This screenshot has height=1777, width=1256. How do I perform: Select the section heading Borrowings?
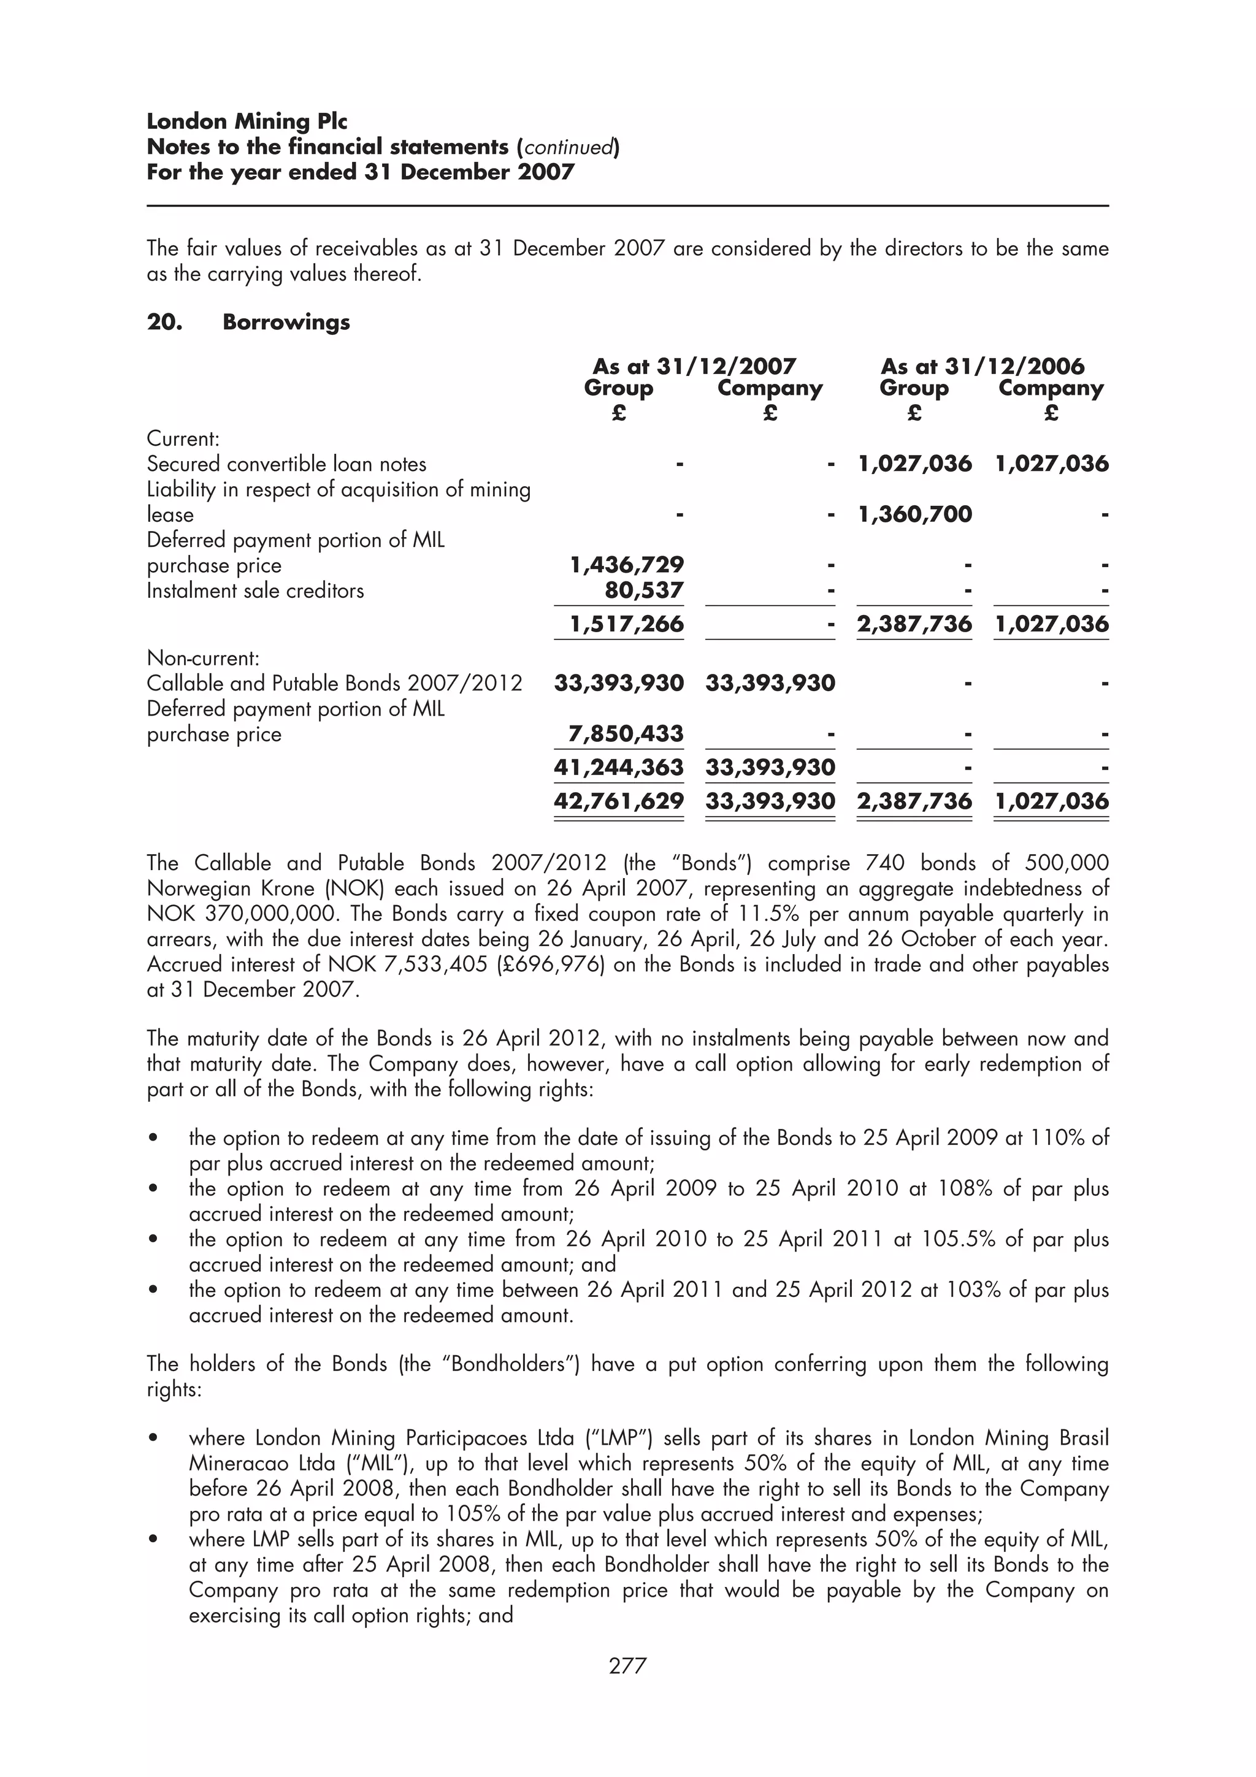(x=286, y=322)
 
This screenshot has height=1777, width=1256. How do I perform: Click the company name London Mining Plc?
(x=247, y=121)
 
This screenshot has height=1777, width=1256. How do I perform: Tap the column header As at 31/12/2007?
(x=694, y=366)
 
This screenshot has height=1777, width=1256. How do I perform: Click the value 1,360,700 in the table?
(x=915, y=514)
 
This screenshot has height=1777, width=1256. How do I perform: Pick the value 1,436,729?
(x=627, y=565)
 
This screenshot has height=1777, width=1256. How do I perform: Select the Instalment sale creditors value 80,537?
(x=645, y=590)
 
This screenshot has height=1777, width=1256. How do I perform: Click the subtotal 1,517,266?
(x=627, y=624)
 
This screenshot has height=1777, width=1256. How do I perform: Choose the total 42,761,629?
(x=619, y=800)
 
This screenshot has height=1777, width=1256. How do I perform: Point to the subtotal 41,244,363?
(x=619, y=767)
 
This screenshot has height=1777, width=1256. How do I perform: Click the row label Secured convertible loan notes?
(x=286, y=464)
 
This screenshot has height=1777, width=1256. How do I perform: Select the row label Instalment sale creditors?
(x=255, y=590)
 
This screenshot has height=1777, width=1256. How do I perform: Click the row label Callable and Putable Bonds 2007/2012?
(x=334, y=684)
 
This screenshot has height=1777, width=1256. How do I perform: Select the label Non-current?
(x=203, y=659)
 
